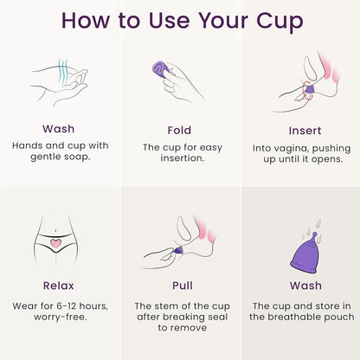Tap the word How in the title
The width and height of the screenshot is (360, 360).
[91, 20]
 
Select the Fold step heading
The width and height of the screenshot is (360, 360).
[180, 128]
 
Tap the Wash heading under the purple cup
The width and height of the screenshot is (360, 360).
[299, 286]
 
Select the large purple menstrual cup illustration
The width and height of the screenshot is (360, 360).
[299, 251]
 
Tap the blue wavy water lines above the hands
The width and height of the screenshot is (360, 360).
[62, 67]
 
